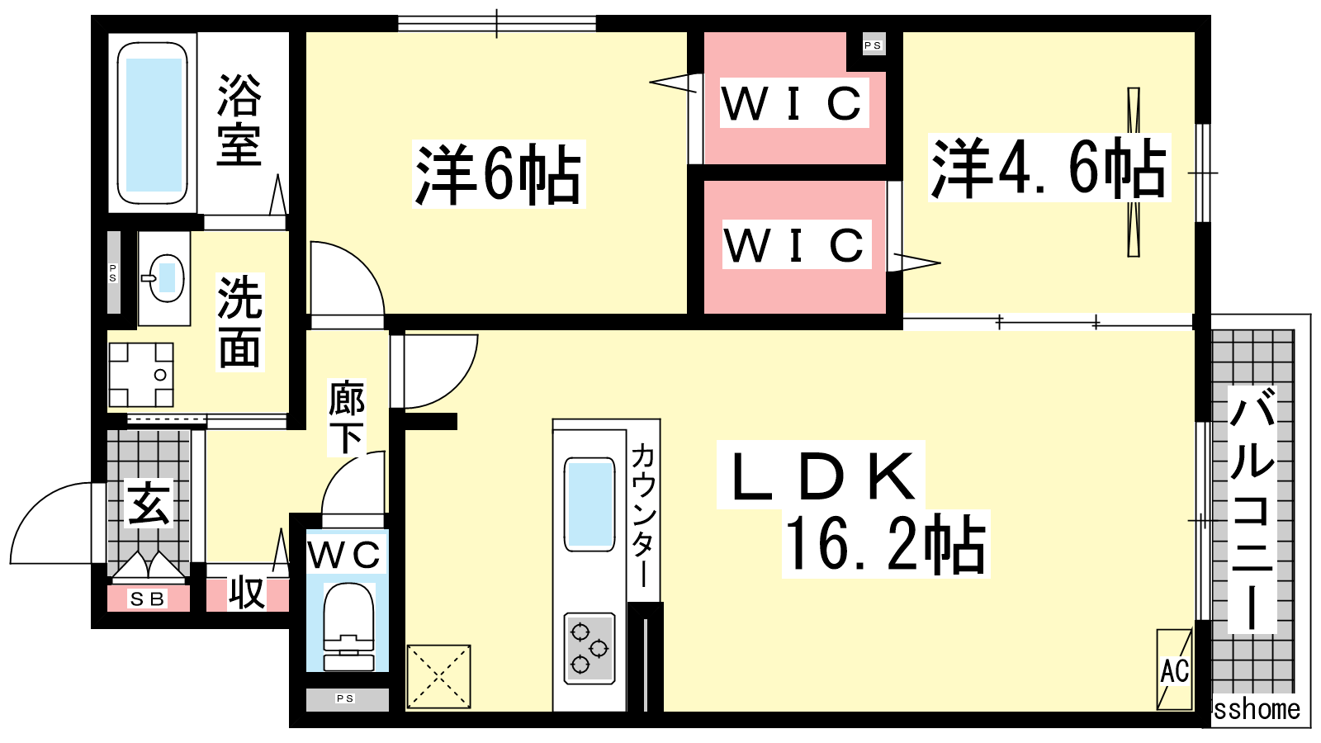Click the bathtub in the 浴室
click(153, 124)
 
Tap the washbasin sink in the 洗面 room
click(166, 277)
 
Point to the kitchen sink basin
click(589, 504)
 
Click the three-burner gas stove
click(589, 648)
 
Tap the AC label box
click(1174, 670)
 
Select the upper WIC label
click(793, 103)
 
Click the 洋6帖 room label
click(499, 174)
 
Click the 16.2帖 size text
click(885, 545)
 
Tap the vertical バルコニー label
click(1252, 512)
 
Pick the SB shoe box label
click(148, 599)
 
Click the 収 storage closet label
click(247, 593)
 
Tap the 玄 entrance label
click(149, 504)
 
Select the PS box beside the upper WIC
click(873, 45)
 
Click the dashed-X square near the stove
click(439, 677)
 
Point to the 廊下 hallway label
click(347, 418)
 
